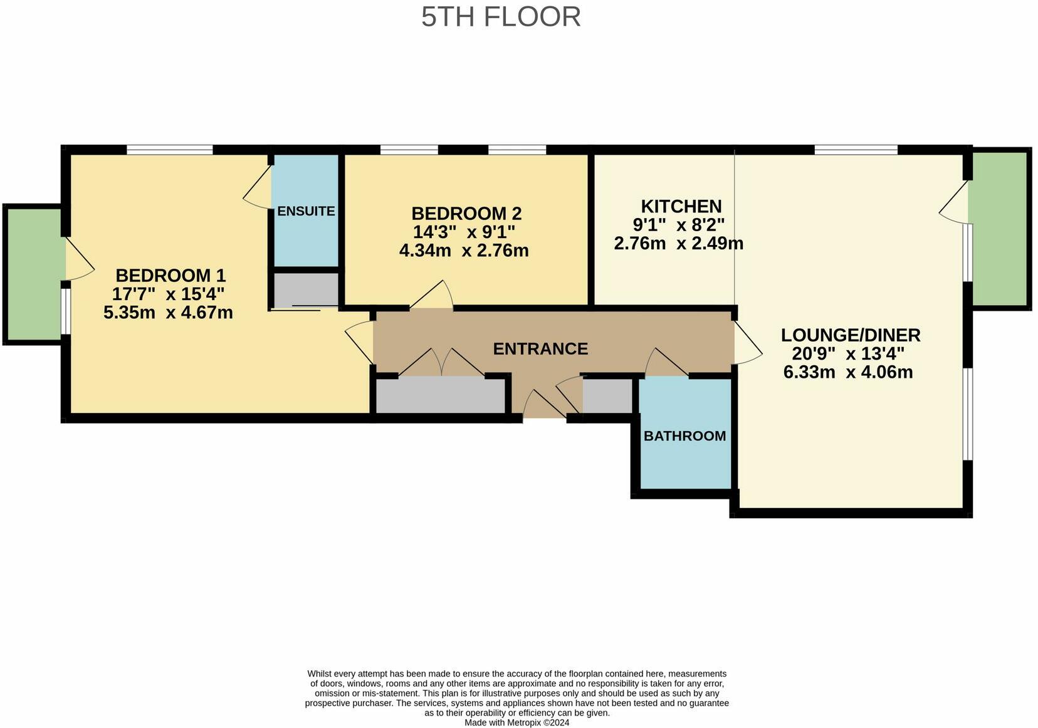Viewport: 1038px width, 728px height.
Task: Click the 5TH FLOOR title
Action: pyautogui.click(x=501, y=17)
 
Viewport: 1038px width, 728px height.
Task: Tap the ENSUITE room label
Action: pyautogui.click(x=306, y=211)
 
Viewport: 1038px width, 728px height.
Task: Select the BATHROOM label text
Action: pyautogui.click(x=684, y=436)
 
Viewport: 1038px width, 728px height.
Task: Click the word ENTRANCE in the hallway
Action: pyautogui.click(x=540, y=349)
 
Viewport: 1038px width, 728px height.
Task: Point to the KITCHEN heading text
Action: pyautogui.click(x=681, y=206)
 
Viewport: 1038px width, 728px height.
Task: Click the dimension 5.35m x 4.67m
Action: pyautogui.click(x=168, y=312)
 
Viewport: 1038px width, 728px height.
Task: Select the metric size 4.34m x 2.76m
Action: pyautogui.click(x=464, y=251)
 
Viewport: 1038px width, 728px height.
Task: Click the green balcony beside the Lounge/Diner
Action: pyautogui.click(x=999, y=227)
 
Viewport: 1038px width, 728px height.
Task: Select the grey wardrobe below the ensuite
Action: pyautogui.click(x=306, y=289)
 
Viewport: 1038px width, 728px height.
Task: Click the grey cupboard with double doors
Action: pyautogui.click(x=440, y=395)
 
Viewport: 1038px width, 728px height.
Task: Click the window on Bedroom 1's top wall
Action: pyautogui.click(x=169, y=150)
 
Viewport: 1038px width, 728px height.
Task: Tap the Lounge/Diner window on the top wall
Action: pyautogui.click(x=856, y=150)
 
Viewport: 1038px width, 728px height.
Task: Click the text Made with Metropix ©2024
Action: pyautogui.click(x=516, y=722)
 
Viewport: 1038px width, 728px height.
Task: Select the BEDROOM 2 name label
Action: pyautogui.click(x=466, y=214)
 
